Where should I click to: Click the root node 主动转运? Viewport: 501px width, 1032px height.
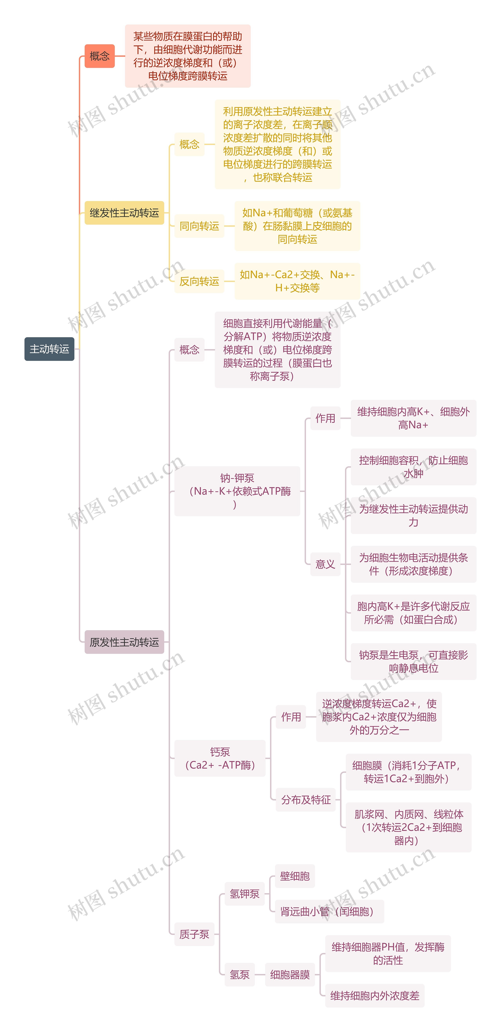click(x=49, y=349)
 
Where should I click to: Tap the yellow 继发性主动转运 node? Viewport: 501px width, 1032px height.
click(x=124, y=213)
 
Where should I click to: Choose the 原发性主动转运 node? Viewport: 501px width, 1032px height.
click(x=124, y=642)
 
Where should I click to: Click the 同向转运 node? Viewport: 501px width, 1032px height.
click(x=199, y=226)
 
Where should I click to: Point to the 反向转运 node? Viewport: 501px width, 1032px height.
click(x=199, y=281)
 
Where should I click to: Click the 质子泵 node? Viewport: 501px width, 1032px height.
click(x=194, y=934)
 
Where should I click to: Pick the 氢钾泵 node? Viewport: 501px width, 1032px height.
click(x=244, y=893)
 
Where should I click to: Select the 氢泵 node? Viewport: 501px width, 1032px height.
click(x=239, y=974)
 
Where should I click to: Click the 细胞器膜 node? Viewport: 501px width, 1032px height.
click(x=290, y=974)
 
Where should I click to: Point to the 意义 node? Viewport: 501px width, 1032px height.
click(x=325, y=564)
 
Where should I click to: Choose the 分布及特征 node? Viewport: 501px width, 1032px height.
click(x=306, y=800)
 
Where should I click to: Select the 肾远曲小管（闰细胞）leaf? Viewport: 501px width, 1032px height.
click(x=329, y=911)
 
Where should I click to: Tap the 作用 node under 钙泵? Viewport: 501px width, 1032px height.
click(x=291, y=717)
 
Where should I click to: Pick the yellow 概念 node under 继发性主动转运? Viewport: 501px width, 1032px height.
click(x=189, y=144)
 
